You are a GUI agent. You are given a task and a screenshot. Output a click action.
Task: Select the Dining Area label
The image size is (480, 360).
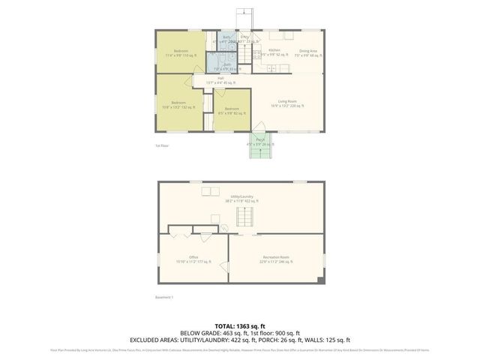[307, 51]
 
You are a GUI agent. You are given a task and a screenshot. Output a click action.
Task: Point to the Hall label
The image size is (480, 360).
[221, 78]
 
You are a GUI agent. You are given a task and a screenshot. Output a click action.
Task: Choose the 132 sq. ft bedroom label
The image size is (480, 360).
[178, 103]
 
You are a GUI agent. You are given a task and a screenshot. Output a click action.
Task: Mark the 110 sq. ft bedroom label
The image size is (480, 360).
[179, 52]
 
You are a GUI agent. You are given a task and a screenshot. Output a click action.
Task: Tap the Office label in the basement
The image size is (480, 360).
[193, 256]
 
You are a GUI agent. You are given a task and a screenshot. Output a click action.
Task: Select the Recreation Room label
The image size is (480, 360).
[277, 256]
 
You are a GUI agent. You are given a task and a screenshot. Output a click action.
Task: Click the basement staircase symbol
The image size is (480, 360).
[245, 217]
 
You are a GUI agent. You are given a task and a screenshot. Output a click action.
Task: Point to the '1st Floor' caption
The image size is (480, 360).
[162, 145]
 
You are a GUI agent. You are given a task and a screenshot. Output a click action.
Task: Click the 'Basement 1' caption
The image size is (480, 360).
[164, 297]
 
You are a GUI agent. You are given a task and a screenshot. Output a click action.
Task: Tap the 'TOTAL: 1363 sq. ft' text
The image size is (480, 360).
[239, 325]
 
